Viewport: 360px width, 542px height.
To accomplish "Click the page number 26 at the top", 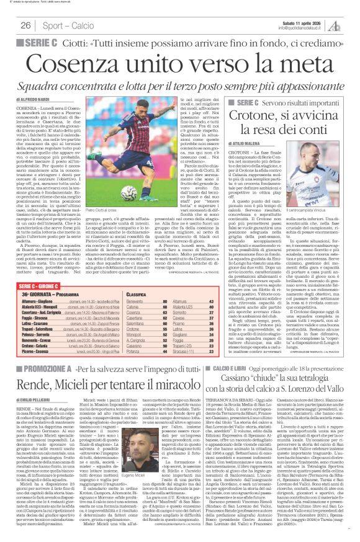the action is coord(25,25).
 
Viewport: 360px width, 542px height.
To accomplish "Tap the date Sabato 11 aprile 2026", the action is coord(299,22).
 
